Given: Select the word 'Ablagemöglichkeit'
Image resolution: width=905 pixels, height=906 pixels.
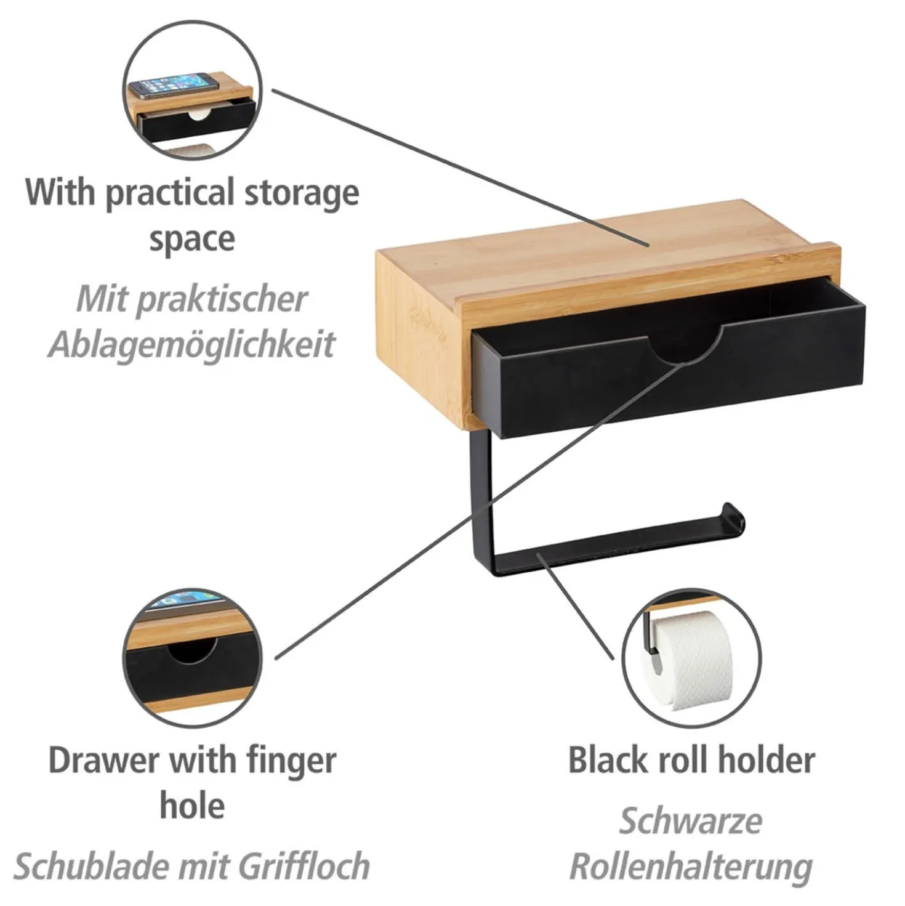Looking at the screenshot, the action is click(191, 345).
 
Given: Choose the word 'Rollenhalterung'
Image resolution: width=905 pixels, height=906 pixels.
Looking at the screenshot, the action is click(691, 866).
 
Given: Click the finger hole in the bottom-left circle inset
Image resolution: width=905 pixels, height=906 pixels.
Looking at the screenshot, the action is click(193, 650).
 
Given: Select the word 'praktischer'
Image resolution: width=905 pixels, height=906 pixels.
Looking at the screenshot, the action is click(191, 299).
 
